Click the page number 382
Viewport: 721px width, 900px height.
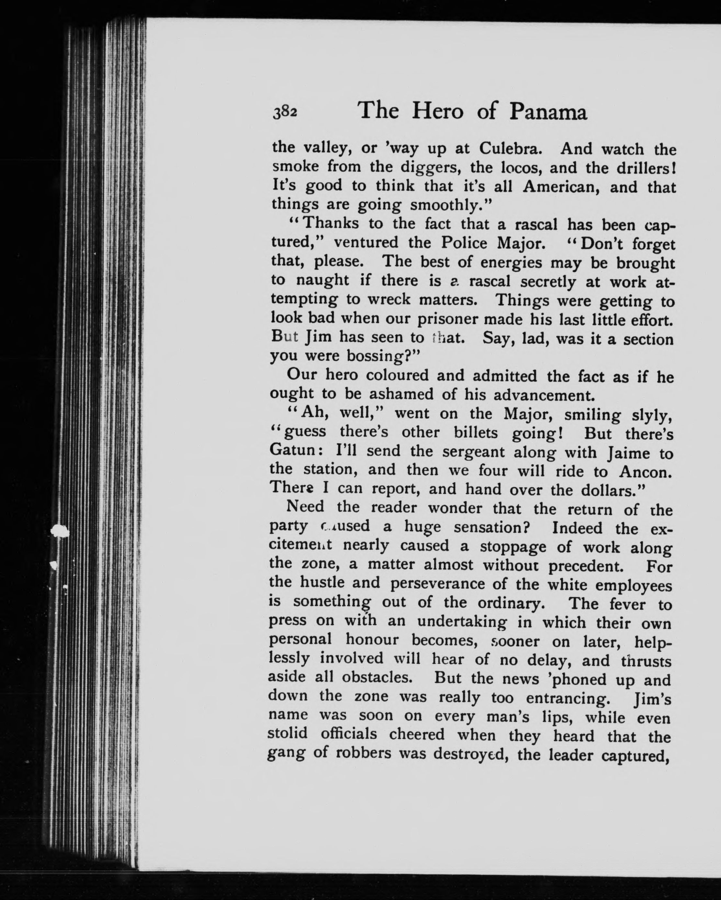pos(285,113)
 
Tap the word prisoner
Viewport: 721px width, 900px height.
pos(447,319)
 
